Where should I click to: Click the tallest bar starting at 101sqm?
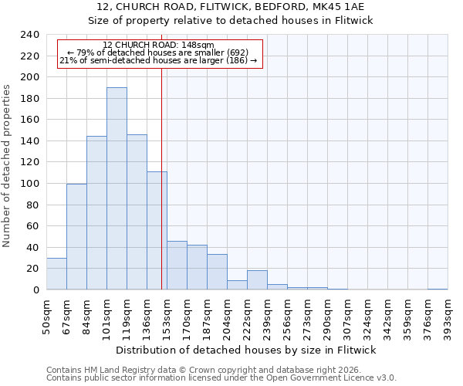pos(117,188)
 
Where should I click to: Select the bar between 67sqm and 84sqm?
pos(76,236)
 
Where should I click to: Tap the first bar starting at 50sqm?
pos(56,273)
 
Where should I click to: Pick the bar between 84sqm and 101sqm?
pos(96,213)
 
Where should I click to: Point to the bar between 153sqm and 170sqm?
pos(177,266)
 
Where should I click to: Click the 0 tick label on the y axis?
pos(35,290)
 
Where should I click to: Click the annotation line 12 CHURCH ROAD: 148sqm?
pos(158,46)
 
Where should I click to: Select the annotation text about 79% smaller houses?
pos(158,52)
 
